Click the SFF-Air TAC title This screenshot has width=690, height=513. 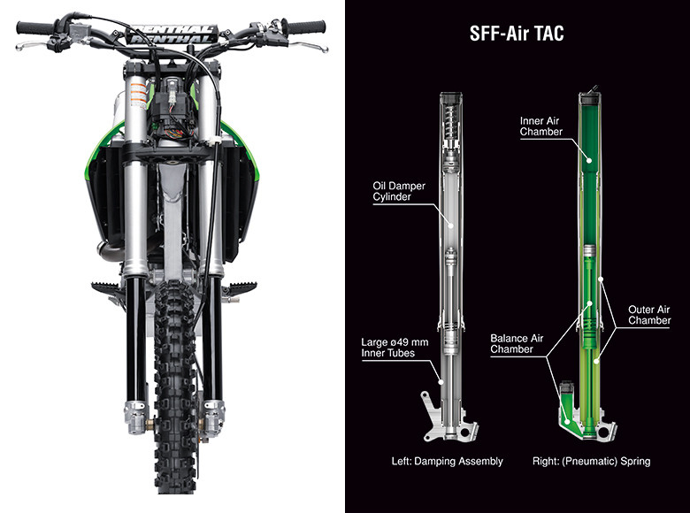pyautogui.click(x=517, y=34)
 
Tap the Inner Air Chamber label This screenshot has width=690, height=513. pyautogui.click(x=540, y=126)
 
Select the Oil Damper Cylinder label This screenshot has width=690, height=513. pyautogui.click(x=399, y=191)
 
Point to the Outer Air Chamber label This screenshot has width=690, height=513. pyautogui.click(x=649, y=315)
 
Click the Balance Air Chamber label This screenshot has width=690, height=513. pyautogui.click(x=517, y=343)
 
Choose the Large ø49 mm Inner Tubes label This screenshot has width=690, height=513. pyautogui.click(x=395, y=348)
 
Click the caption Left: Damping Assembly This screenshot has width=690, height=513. pyautogui.click(x=447, y=461)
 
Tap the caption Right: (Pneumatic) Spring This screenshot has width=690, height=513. pyautogui.click(x=591, y=461)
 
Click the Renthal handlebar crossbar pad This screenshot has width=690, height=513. pyautogui.click(x=172, y=34)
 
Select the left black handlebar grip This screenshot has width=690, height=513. pyautogui.click(x=34, y=28)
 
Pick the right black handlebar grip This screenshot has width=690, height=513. pyautogui.click(x=306, y=27)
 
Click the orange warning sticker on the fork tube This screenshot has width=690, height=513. pyautogui.click(x=139, y=95)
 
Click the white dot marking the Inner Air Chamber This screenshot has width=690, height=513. pyautogui.click(x=589, y=160)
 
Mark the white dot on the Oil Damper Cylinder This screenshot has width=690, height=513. pyautogui.click(x=451, y=226)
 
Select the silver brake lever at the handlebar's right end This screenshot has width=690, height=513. pyautogui.click(x=309, y=46)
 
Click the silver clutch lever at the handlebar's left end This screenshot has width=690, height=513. pyautogui.click(x=31, y=45)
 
